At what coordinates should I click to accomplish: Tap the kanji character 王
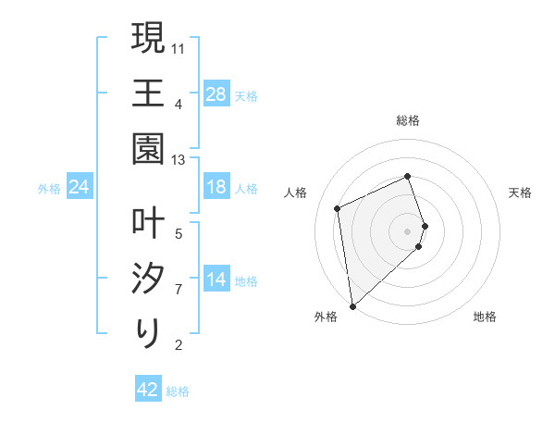point(149,93)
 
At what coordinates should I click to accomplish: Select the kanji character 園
point(149,148)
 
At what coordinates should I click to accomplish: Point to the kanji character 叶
point(149,223)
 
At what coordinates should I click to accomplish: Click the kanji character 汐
point(149,278)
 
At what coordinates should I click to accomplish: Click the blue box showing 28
point(216,94)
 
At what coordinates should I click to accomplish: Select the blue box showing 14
point(216,280)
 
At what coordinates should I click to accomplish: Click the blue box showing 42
point(148,390)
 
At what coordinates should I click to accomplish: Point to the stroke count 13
point(179,160)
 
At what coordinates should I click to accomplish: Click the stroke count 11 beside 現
point(179,46)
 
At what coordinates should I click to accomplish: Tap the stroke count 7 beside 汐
point(179,289)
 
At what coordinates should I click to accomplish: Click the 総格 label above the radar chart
point(408,120)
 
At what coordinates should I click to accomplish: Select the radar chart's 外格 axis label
point(326,317)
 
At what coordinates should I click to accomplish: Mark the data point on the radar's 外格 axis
point(352,304)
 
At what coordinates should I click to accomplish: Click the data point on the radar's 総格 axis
point(408,177)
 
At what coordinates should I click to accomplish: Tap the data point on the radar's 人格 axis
point(338,208)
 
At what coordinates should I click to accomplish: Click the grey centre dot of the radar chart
point(408,230)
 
